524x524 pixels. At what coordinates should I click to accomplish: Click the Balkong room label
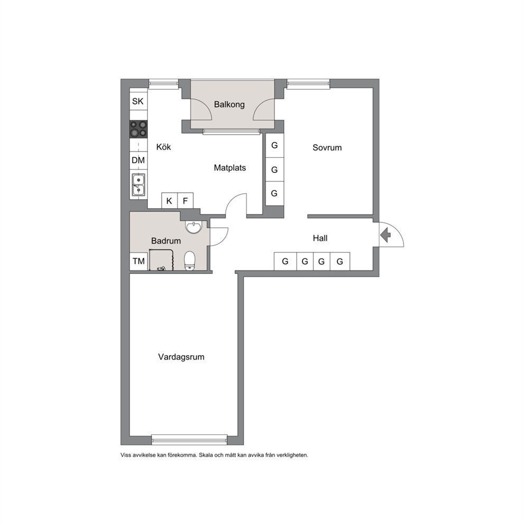pos(229,105)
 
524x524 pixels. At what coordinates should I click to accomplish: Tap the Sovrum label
pos(327,148)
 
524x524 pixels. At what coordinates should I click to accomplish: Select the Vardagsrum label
pos(181,357)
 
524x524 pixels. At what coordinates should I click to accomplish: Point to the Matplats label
pos(230,168)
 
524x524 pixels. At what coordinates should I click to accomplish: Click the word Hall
pos(320,238)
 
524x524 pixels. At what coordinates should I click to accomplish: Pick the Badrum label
pos(166,241)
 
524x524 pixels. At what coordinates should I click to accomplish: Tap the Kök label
pos(163,147)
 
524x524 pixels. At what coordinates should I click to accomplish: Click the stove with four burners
pos(139,129)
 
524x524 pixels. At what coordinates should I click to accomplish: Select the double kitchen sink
pos(138,184)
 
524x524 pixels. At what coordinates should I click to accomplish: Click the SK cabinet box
pos(138,101)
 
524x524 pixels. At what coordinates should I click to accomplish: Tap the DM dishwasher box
pos(138,161)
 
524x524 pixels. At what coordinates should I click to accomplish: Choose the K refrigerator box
pos(170,201)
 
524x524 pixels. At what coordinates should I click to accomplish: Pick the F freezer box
pos(185,201)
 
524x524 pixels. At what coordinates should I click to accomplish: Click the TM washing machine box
pos(139,261)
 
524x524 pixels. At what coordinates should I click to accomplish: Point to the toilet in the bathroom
pos(190,260)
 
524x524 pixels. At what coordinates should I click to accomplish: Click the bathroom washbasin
pos(193,227)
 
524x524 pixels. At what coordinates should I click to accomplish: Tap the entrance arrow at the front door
pos(386,235)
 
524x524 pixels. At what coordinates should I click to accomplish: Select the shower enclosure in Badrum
pos(162,260)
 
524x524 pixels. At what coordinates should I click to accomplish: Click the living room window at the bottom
pos(190,439)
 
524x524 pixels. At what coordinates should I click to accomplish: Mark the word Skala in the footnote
pos(206,455)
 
